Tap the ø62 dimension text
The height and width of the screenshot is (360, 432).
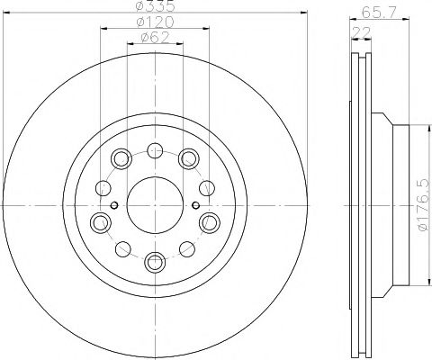[155, 39]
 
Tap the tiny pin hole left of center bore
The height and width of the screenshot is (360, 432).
[113, 205]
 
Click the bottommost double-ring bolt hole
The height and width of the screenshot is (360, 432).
[154, 262]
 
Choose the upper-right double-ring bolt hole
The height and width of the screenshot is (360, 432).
[187, 158]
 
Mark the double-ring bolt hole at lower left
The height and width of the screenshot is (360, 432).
[99, 221]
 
